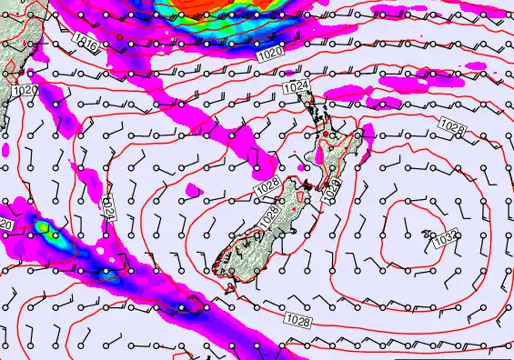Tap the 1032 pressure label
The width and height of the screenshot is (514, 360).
[x=445, y=237]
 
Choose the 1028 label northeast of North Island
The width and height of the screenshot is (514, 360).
[x=450, y=124]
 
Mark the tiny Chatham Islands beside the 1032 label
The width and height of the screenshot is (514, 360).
[x=427, y=235]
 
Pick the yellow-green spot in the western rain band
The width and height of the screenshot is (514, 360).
[x=43, y=227]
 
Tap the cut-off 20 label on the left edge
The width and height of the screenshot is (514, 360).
[x=5, y=224]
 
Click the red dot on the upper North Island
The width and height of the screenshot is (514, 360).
[x=326, y=135]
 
